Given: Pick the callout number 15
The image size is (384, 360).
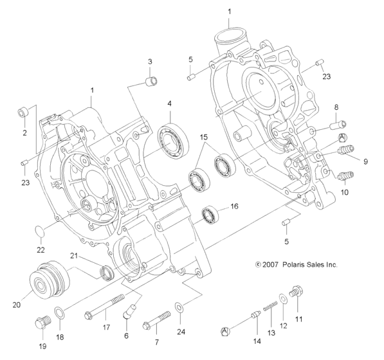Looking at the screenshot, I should point(203,137).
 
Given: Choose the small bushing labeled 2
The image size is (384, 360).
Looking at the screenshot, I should point(21,113).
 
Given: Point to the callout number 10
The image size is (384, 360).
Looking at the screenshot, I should point(344,192).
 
